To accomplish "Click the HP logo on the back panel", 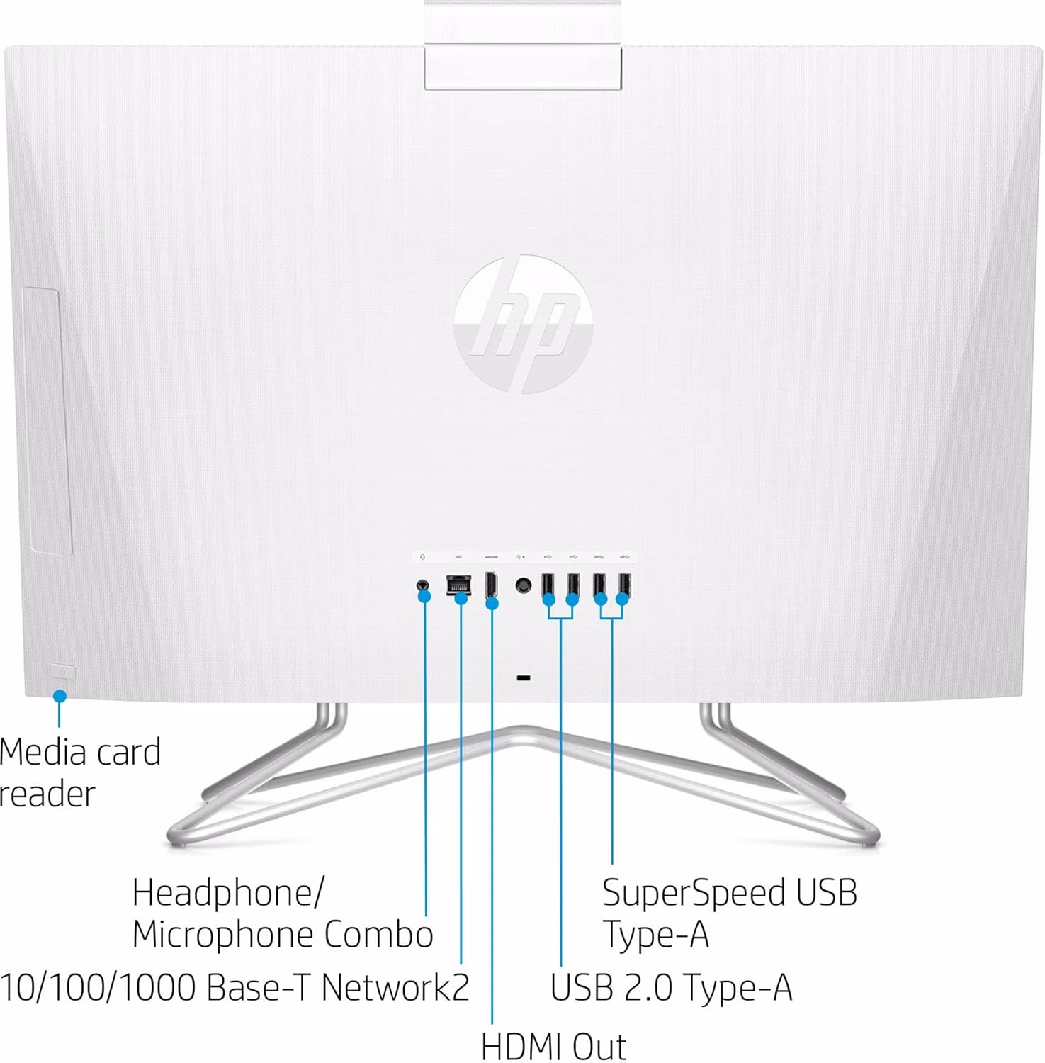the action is (523, 324).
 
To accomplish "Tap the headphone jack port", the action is (423, 585).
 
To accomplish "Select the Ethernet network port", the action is (459, 585).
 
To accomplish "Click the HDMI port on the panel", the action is (491, 585).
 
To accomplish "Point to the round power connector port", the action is (524, 585).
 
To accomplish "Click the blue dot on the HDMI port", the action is (492, 603).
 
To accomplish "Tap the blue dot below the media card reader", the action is (60, 696).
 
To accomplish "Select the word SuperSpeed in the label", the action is (694, 892).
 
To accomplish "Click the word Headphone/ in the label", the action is (227, 892).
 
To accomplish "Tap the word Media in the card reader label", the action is (43, 753).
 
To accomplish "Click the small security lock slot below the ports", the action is (524, 678).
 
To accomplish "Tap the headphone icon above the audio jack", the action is (423, 558).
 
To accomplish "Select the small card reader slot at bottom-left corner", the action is (62, 671).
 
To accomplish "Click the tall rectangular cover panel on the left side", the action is (47, 421).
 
